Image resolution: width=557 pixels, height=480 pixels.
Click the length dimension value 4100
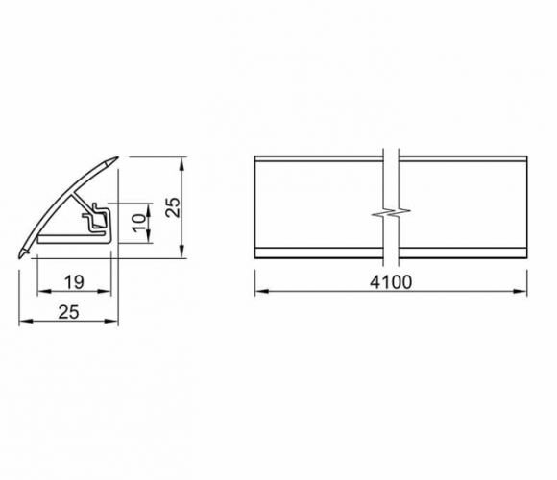click(391, 282)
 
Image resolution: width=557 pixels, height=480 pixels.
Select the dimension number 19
click(74, 282)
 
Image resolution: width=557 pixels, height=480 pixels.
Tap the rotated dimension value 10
click(139, 223)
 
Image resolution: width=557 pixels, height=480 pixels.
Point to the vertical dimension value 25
click(174, 207)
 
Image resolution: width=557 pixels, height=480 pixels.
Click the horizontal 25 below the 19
click(68, 312)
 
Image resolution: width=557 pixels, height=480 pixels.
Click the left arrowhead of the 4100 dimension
click(261, 291)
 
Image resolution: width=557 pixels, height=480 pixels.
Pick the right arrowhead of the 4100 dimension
click(521, 291)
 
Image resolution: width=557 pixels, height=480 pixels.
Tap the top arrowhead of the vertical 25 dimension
click(182, 163)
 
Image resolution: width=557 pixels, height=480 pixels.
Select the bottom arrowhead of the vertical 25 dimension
click(182, 252)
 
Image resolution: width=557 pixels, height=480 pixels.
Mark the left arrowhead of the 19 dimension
click(44, 291)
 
